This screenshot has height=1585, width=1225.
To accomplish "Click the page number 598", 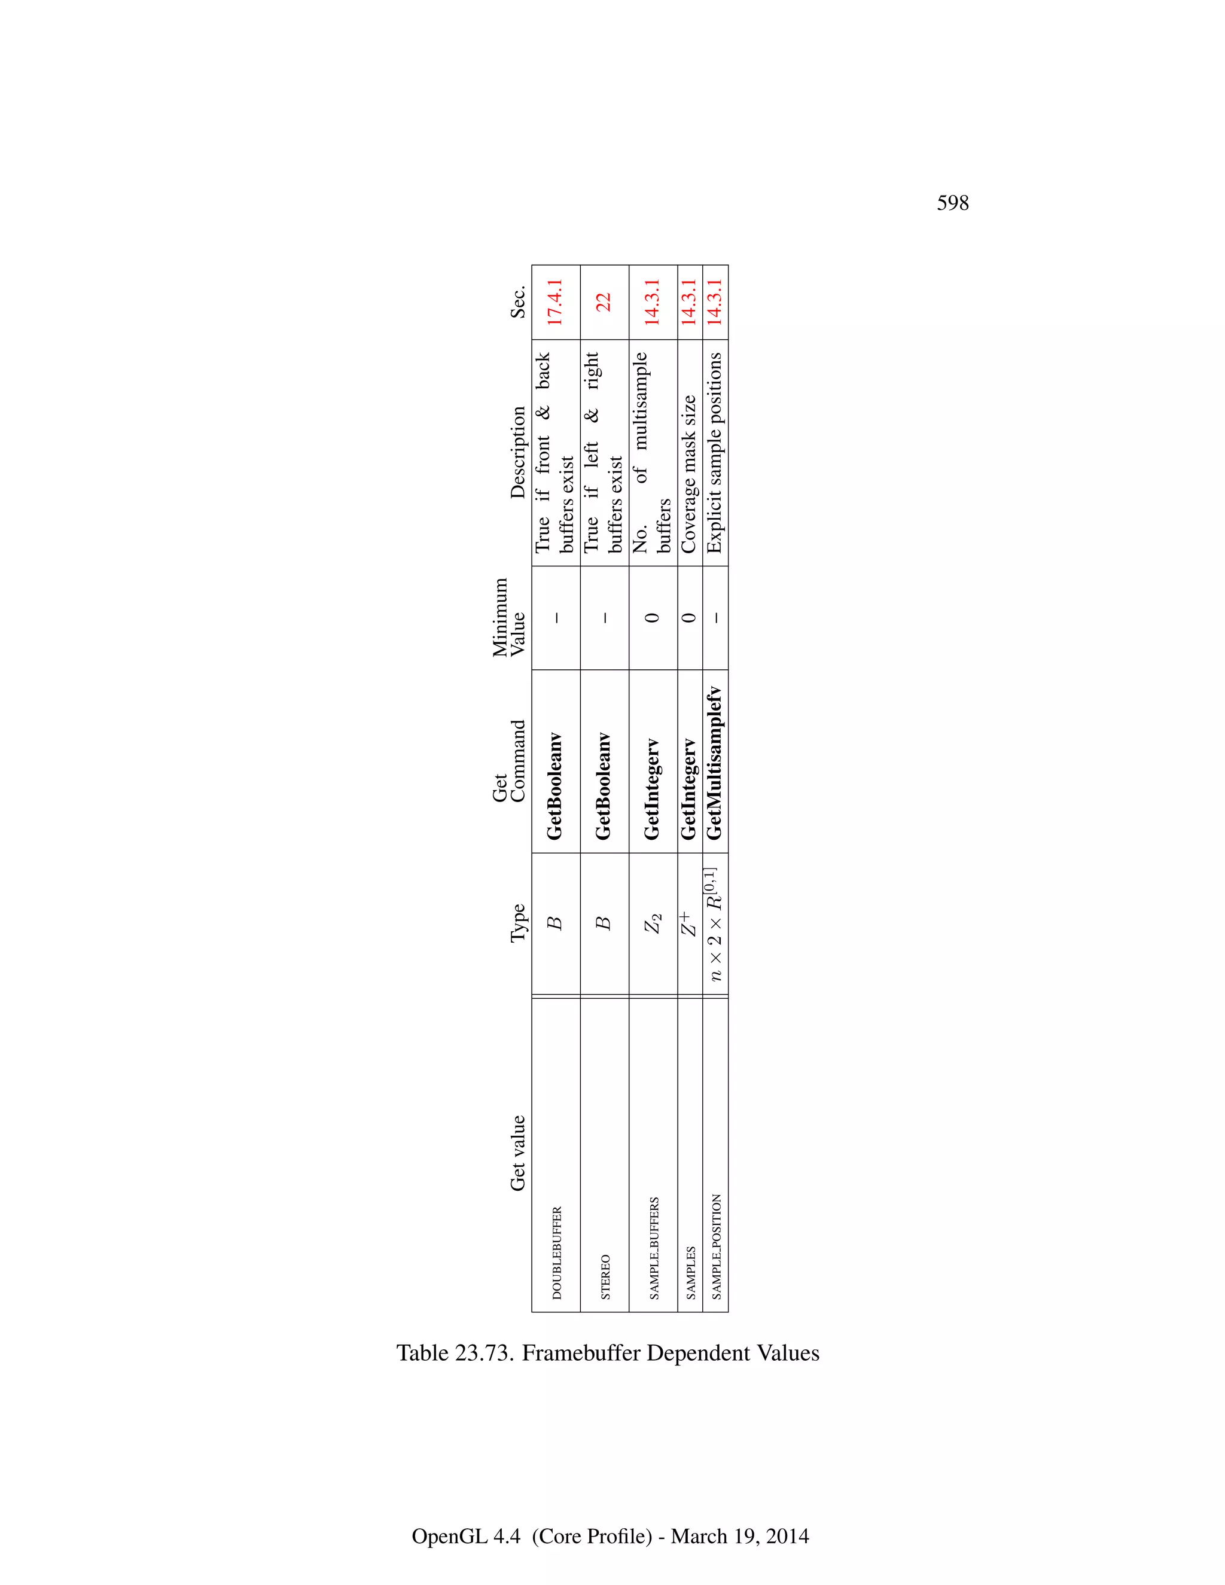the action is tap(952, 203).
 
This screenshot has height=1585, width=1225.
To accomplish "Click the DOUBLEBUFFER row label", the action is tap(557, 1252).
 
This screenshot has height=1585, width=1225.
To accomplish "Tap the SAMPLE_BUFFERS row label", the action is tap(654, 1248).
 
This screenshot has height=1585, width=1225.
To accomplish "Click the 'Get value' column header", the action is tap(517, 1153).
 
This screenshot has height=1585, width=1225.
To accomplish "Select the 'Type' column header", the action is tap(517, 923).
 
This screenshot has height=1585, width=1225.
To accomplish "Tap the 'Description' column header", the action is tap(517, 452).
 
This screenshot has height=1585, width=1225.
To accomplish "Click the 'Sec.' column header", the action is tap(517, 303).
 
